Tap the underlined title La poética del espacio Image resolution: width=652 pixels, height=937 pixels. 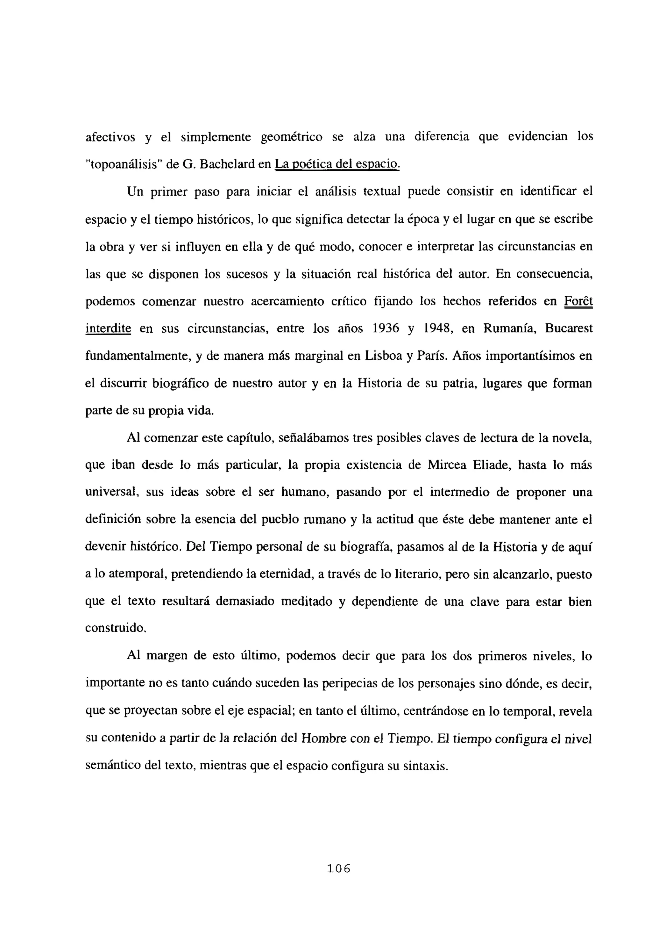coord(337,164)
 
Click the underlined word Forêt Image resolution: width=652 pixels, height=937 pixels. coord(578,301)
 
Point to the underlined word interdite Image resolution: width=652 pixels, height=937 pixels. coord(108,328)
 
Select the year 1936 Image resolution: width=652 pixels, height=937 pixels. coord(386,328)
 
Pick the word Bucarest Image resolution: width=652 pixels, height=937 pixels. coord(568,328)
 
